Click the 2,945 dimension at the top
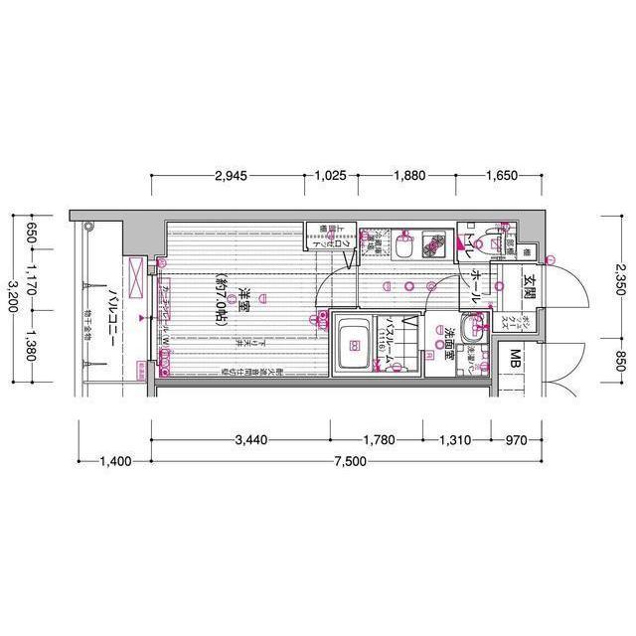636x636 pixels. [x=231, y=176]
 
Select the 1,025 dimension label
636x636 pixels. [x=330, y=176]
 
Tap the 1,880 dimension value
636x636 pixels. [x=408, y=176]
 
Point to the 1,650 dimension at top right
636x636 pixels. [x=502, y=176]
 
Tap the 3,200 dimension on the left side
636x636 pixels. [x=11, y=296]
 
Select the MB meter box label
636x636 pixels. [x=517, y=358]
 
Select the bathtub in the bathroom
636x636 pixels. [x=354, y=347]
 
